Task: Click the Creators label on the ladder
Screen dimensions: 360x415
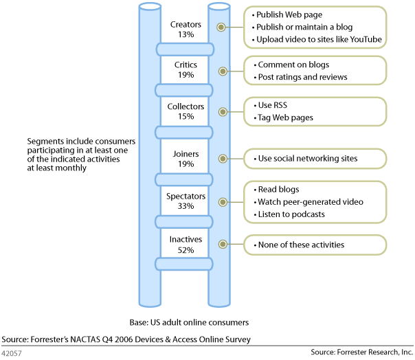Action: click(x=186, y=25)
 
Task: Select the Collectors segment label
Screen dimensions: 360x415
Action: click(x=186, y=106)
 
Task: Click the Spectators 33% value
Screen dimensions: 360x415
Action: click(x=186, y=206)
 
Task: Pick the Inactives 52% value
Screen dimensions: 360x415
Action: click(x=186, y=250)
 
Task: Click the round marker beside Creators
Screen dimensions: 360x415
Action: click(x=221, y=27)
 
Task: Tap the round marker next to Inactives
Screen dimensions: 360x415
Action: click(x=221, y=245)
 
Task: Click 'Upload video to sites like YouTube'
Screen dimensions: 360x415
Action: click(x=318, y=39)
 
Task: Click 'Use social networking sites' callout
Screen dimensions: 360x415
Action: click(x=307, y=159)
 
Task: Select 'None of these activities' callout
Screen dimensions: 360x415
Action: click(x=301, y=245)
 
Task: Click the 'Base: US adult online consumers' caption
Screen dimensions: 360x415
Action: click(x=189, y=322)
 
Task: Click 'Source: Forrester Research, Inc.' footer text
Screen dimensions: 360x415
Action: click(x=361, y=352)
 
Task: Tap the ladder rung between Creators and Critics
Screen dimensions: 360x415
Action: click(x=186, y=49)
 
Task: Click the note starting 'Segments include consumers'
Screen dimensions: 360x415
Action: click(x=81, y=154)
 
